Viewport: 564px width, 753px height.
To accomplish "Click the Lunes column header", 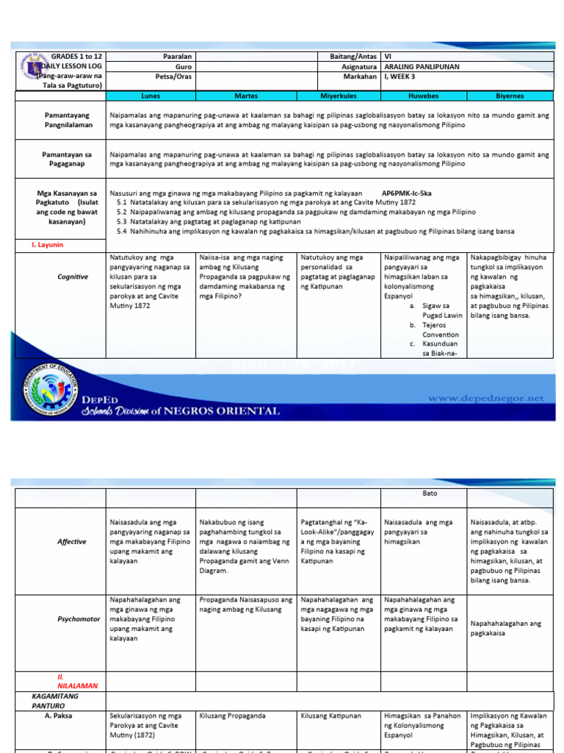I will click(x=150, y=96).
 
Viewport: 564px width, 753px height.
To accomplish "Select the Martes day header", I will click(x=246, y=96).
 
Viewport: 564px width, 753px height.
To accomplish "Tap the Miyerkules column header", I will click(x=339, y=96).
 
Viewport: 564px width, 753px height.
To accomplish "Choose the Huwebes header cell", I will click(x=423, y=96).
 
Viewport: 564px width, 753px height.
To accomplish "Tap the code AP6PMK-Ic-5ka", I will click(x=408, y=193).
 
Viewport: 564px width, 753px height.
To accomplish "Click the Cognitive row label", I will click(x=73, y=277).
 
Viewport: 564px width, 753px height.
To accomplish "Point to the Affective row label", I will click(x=72, y=542).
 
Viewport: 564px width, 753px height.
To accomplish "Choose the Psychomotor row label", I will click(x=79, y=619).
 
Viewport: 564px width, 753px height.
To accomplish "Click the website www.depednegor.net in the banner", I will click(x=486, y=398).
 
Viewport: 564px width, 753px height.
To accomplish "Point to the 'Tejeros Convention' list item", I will click(x=440, y=329).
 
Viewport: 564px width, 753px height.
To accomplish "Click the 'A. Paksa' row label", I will click(x=59, y=715).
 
